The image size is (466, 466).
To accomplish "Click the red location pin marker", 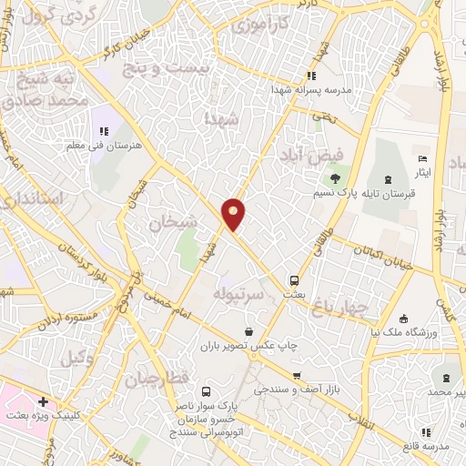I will pos(234,214).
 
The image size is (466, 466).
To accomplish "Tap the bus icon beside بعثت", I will pos(294,281).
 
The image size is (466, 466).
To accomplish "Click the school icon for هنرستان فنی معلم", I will pos(103,132).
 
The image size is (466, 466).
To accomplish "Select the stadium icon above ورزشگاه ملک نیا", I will pos(404,319).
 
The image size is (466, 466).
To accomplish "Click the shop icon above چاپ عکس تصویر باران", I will pos(262,333).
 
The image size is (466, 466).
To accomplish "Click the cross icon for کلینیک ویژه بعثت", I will pos(43,401).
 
